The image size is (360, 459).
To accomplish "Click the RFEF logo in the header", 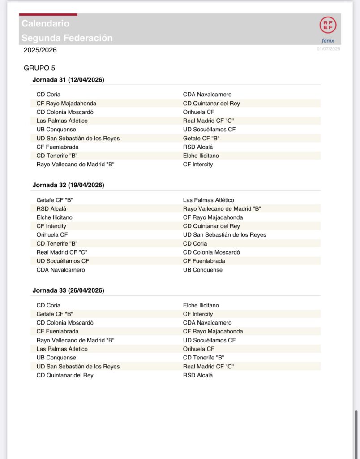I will (326, 25).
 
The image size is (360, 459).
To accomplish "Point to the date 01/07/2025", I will (328, 49).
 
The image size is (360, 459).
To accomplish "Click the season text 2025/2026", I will (40, 50).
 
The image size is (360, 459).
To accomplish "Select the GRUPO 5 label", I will (39, 68).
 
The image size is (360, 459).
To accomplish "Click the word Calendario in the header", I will (45, 23).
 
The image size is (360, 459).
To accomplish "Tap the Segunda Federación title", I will (67, 38).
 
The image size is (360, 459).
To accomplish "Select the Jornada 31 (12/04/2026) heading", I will (68, 80).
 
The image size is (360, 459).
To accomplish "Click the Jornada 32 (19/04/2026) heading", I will (68, 185).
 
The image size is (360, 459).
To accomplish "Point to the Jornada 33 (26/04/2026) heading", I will (68, 290).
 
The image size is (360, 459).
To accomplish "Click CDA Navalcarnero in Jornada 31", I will (207, 95).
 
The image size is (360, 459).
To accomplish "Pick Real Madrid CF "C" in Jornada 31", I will (209, 121).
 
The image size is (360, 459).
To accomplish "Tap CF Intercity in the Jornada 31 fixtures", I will (198, 165).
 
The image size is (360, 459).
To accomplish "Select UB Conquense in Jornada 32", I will (203, 270).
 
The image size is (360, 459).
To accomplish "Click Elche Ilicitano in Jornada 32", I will (55, 217).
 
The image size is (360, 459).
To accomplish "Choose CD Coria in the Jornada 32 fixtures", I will (195, 243).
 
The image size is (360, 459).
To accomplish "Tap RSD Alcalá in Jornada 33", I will (198, 375).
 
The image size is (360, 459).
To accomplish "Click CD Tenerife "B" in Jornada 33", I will (204, 358).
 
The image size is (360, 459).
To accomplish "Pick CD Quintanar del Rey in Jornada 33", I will (65, 375).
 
